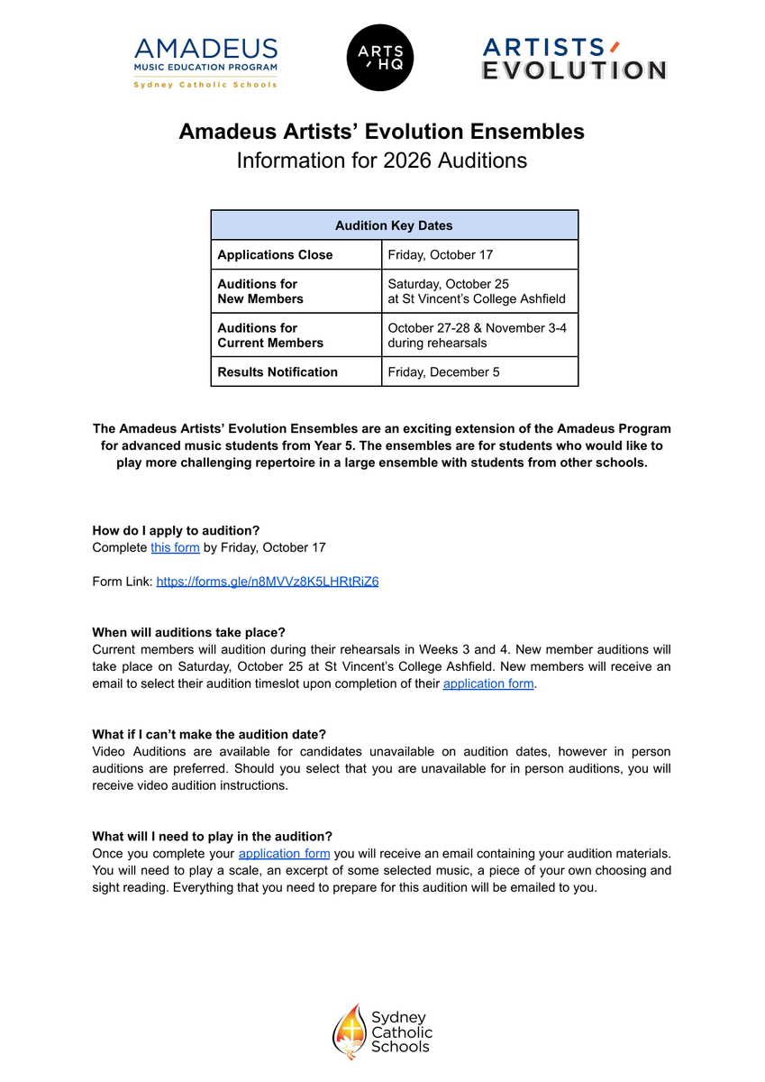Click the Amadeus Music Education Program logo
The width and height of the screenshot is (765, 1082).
click(205, 62)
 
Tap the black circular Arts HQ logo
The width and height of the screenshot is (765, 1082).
click(381, 58)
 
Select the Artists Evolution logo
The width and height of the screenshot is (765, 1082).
click(574, 60)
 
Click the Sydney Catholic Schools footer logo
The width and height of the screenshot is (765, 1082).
click(382, 1032)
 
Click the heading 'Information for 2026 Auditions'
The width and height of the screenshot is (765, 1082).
click(381, 160)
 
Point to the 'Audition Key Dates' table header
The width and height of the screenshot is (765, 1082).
click(394, 225)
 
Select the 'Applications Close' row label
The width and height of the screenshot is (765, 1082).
click(275, 255)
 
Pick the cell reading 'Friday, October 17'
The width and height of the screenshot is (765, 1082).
click(440, 255)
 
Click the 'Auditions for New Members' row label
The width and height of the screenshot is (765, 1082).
click(260, 291)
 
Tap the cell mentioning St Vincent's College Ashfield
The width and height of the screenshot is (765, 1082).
click(477, 291)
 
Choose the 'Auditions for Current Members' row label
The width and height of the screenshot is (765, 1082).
click(270, 335)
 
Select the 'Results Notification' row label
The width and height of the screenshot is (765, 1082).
click(278, 372)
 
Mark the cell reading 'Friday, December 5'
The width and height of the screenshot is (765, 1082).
click(443, 372)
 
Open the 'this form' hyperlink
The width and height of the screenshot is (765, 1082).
click(175, 547)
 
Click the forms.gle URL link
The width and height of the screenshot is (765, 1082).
click(268, 582)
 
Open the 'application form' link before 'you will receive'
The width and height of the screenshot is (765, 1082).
click(284, 853)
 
